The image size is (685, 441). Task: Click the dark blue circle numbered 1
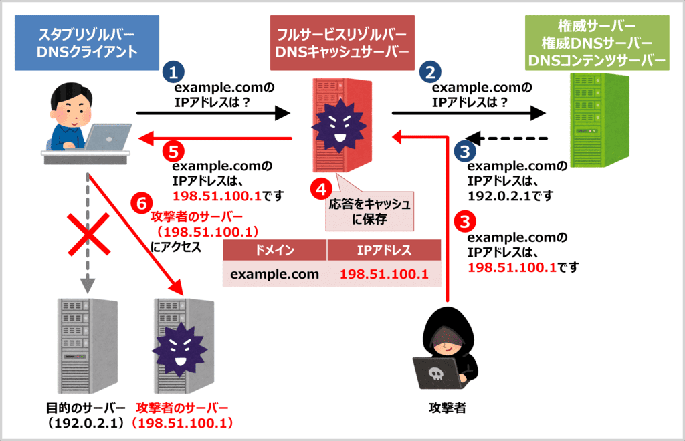click(x=173, y=73)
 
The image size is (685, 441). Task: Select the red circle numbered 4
click(x=320, y=190)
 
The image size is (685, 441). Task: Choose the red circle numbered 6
click(x=138, y=200)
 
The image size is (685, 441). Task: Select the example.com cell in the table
click(x=274, y=274)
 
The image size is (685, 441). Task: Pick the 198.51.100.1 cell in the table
click(x=384, y=274)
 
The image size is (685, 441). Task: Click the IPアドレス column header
click(x=384, y=250)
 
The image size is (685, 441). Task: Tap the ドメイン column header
click(x=274, y=250)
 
